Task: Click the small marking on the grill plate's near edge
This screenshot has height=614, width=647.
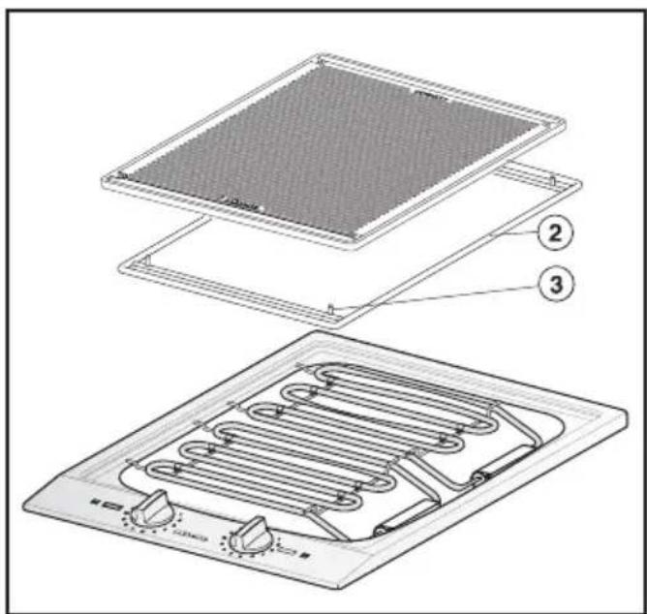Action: click(235, 203)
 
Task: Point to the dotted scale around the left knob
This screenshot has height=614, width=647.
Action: click(141, 528)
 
